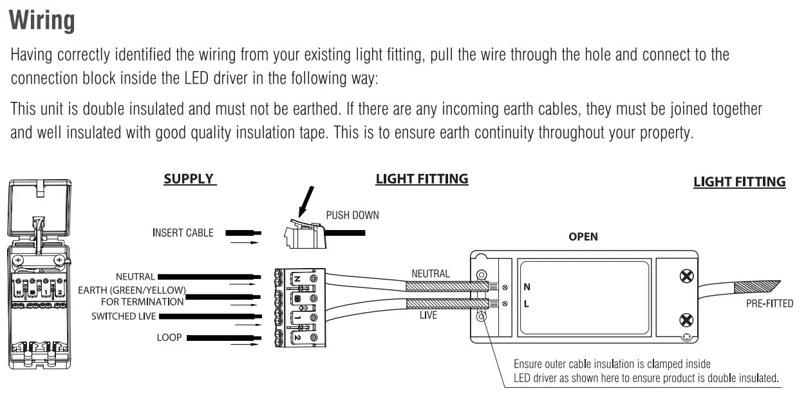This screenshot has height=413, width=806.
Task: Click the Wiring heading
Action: (42, 21)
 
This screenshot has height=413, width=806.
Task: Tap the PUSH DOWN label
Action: (352, 215)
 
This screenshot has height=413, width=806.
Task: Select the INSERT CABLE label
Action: (183, 233)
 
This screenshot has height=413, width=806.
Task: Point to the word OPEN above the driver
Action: (583, 236)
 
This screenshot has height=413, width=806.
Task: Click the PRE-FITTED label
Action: (769, 303)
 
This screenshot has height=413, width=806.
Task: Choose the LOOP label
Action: (169, 337)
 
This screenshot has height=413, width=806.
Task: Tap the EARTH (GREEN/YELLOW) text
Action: (133, 291)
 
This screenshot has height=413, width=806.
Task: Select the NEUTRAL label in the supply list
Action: (135, 277)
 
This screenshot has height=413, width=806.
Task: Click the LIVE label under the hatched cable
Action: (428, 315)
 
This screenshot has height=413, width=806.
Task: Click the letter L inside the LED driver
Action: (527, 303)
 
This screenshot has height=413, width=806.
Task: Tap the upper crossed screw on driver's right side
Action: (686, 276)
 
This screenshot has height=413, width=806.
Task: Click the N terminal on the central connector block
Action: (298, 278)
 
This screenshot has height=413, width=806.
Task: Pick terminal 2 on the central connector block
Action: (298, 337)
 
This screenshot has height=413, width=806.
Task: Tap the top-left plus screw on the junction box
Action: (19, 260)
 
